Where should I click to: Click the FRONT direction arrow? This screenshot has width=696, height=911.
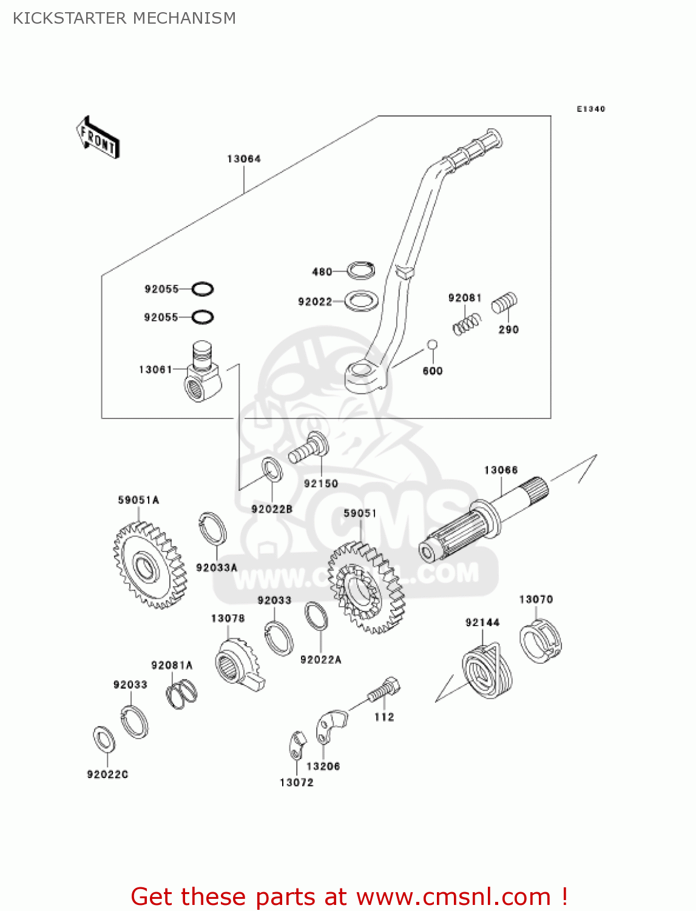pyautogui.click(x=98, y=138)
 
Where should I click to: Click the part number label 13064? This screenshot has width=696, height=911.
pyautogui.click(x=244, y=159)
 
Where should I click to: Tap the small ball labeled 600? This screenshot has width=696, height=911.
pyautogui.click(x=432, y=345)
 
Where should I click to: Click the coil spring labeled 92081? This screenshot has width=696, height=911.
pyautogui.click(x=467, y=323)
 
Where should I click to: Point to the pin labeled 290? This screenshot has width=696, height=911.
pyautogui.click(x=504, y=302)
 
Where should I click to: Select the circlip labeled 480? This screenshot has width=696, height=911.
pyautogui.click(x=361, y=270)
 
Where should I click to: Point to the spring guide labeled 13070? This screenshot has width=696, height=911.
pyautogui.click(x=540, y=640)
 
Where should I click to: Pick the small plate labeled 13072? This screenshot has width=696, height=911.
pyautogui.click(x=297, y=745)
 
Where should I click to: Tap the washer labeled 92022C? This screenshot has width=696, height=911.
pyautogui.click(x=104, y=739)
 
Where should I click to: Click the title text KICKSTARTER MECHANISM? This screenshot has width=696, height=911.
pyautogui.click(x=124, y=18)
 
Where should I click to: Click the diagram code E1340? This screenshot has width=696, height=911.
pyautogui.click(x=590, y=109)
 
